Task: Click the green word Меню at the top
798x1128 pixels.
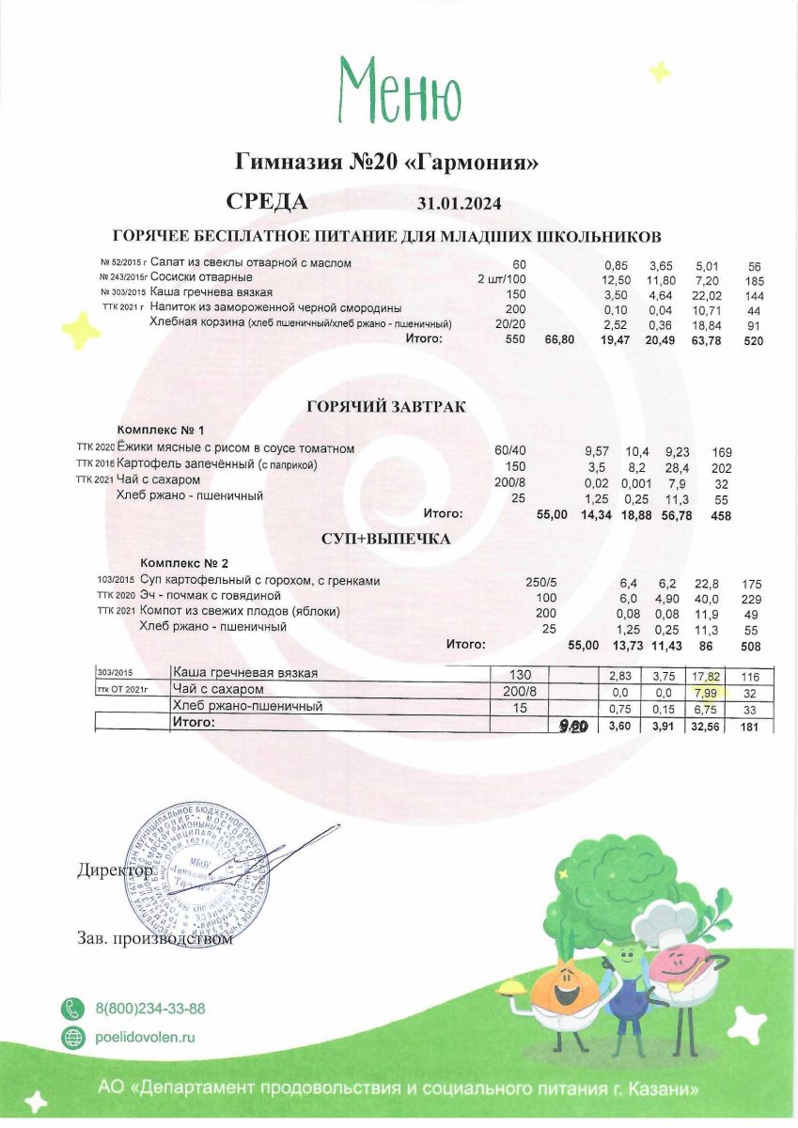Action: click(x=399, y=91)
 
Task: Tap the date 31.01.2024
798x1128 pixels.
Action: click(x=460, y=204)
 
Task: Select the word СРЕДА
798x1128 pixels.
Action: click(x=267, y=202)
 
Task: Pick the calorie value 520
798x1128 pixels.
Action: click(x=753, y=341)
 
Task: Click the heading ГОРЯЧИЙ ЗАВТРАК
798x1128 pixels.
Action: click(x=386, y=407)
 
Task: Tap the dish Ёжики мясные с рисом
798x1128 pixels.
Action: click(x=236, y=448)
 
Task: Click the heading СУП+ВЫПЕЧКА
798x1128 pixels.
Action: click(x=387, y=540)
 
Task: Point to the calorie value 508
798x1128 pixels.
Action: click(x=750, y=646)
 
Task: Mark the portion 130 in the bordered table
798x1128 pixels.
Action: click(x=520, y=674)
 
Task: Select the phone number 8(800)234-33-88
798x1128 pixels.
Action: click(x=150, y=1009)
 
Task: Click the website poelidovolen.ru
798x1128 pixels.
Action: click(x=145, y=1038)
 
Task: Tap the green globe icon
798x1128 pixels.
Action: click(x=72, y=1038)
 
